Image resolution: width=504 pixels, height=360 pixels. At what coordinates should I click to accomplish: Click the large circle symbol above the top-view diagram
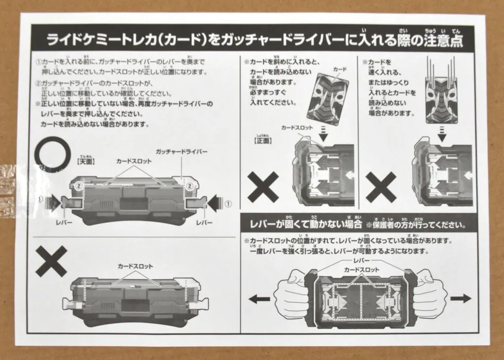52,154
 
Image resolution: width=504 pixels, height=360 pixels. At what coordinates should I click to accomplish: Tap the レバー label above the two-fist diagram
361,260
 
